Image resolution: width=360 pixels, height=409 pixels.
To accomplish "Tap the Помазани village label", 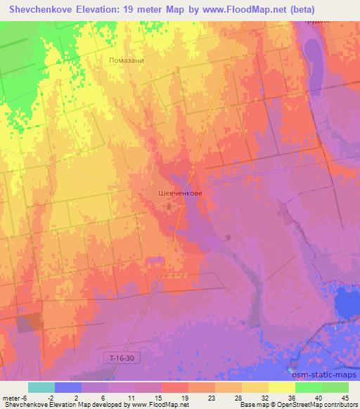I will [127, 60].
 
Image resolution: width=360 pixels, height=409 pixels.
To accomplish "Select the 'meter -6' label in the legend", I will [13, 398].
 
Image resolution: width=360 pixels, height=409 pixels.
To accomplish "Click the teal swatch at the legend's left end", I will [41, 387].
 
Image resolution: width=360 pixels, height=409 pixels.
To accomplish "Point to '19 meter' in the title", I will [150, 10].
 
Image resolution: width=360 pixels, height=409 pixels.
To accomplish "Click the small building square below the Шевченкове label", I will [169, 207].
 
